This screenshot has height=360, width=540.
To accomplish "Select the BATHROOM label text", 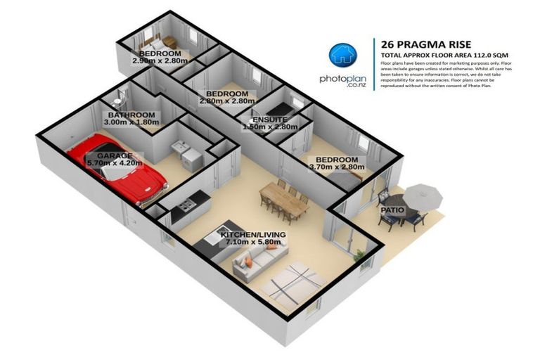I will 131,115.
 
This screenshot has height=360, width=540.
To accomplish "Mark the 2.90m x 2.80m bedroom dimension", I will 160,61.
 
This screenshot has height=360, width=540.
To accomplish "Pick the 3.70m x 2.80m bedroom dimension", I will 335,168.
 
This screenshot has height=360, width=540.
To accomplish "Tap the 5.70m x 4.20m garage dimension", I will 115,163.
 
